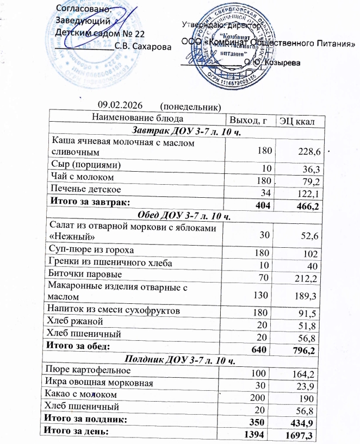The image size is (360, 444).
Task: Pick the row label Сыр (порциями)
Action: point(86,165)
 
